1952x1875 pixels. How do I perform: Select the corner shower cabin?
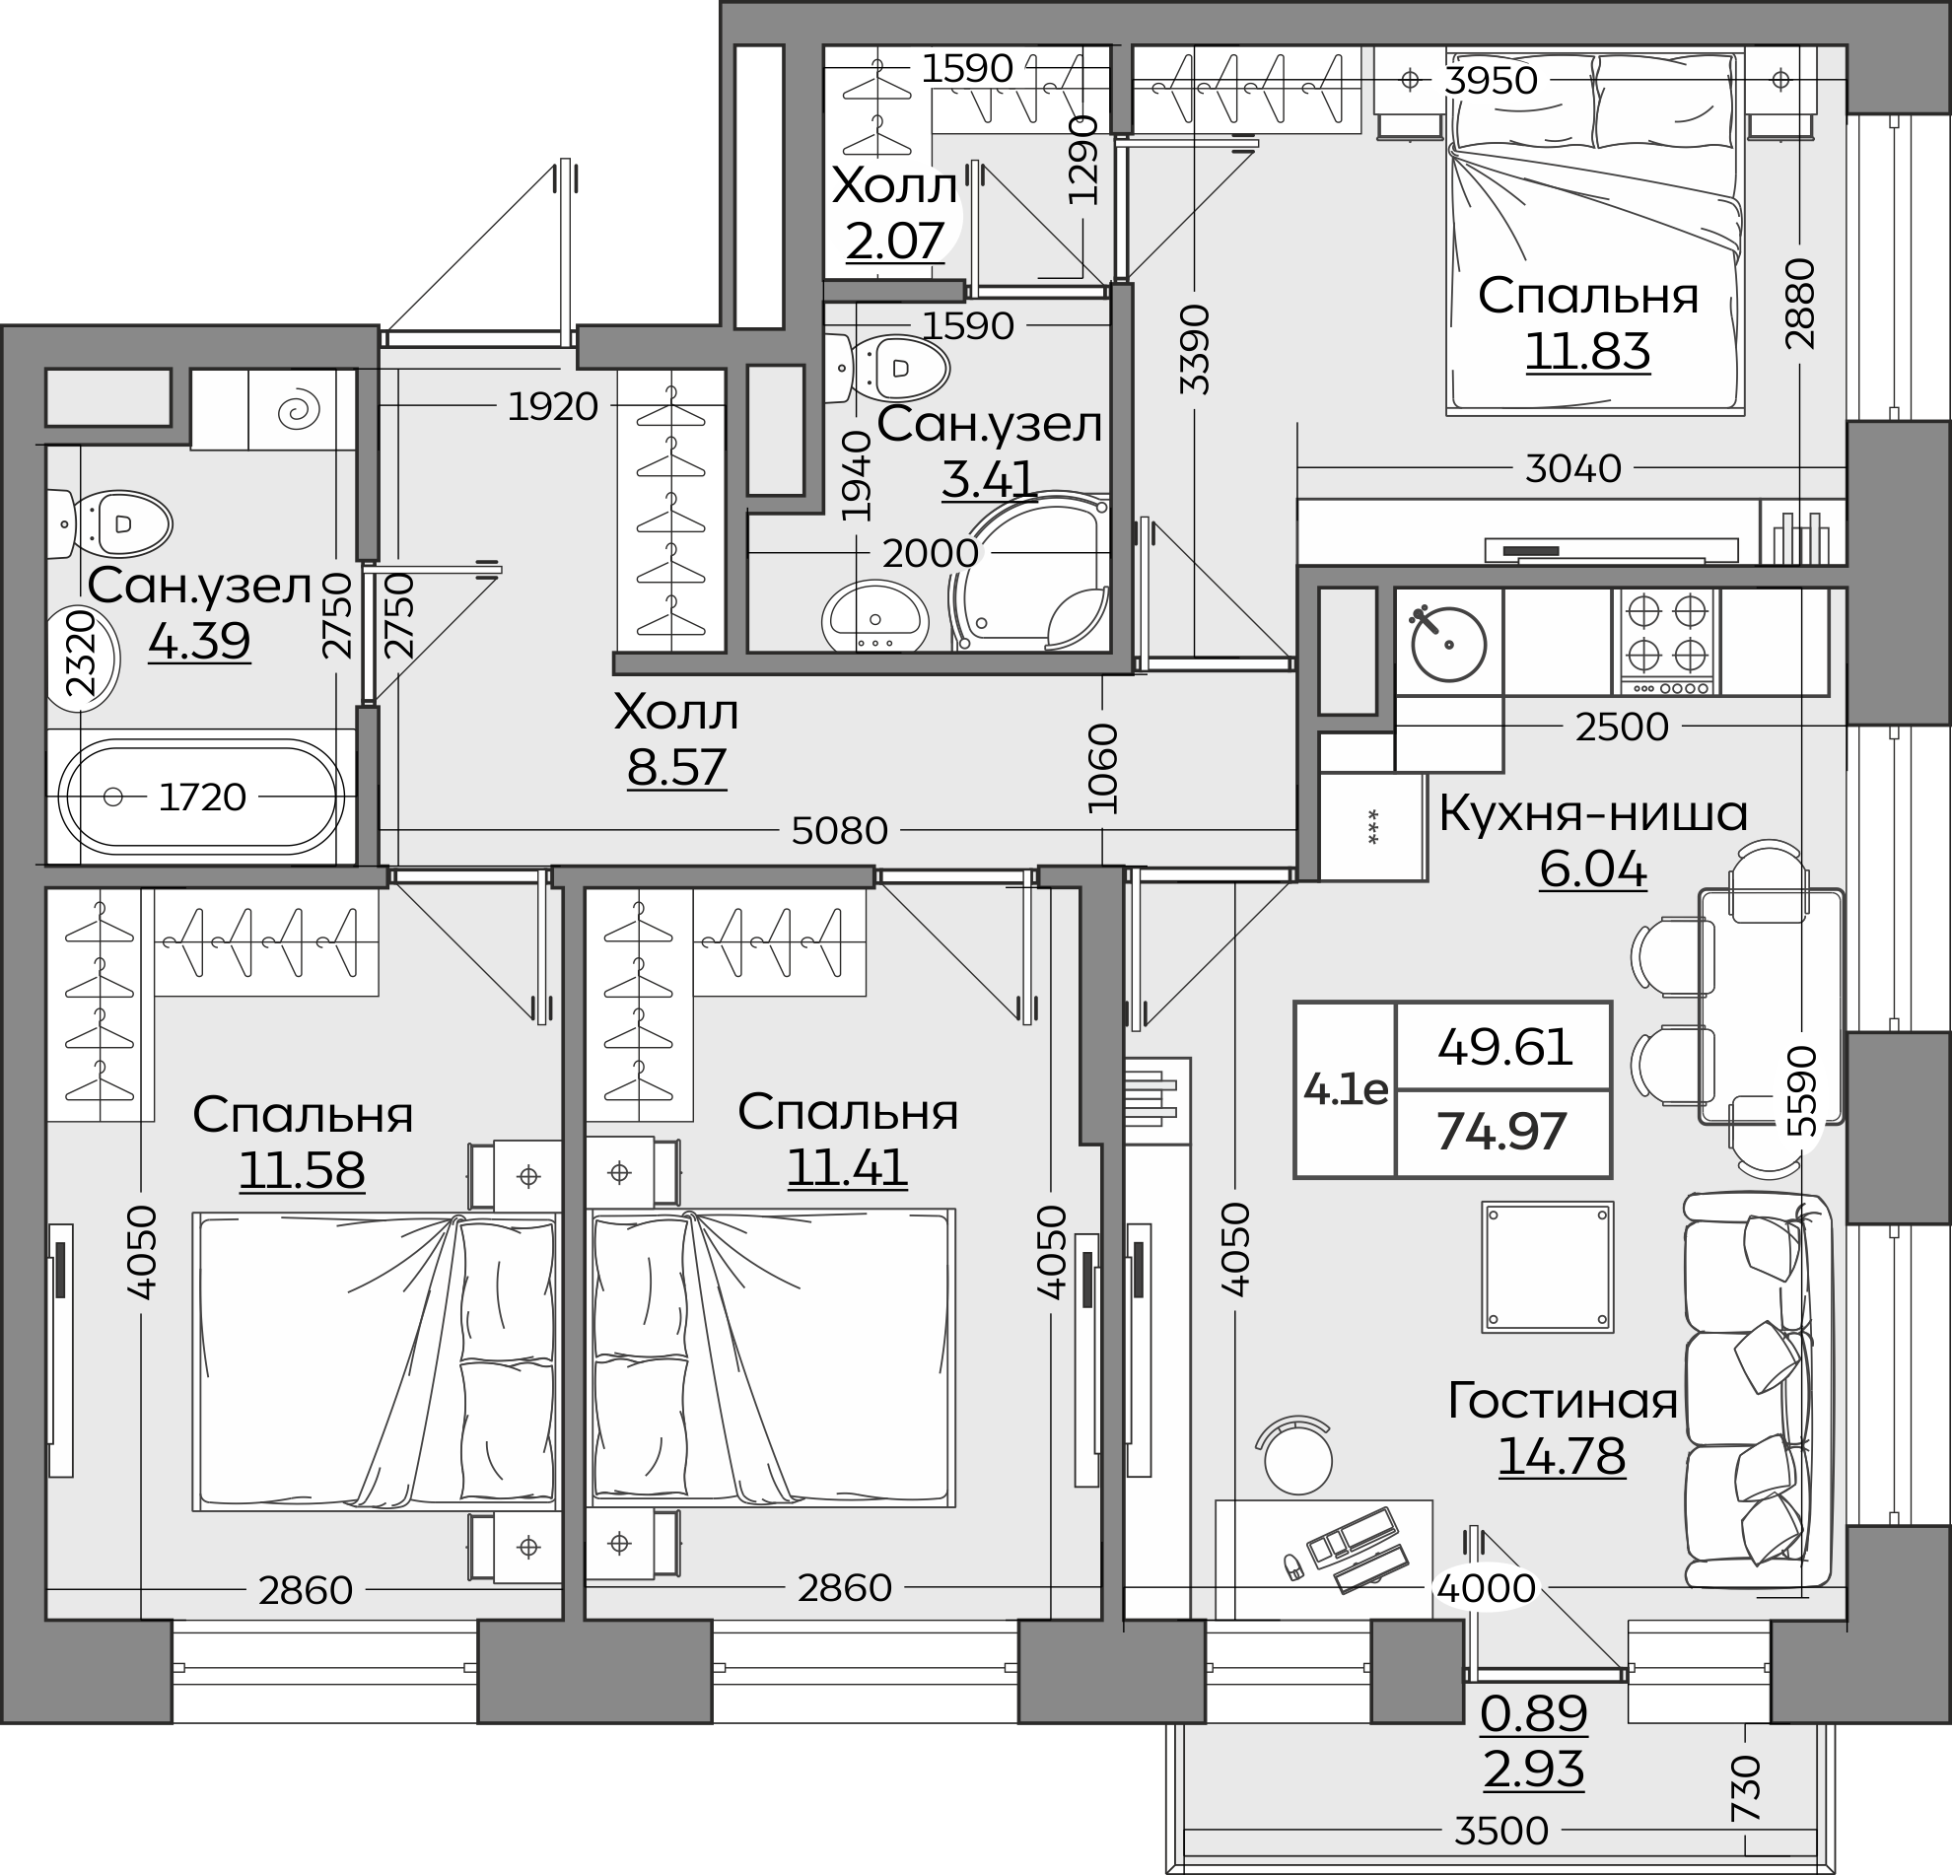pyautogui.click(x=1031, y=572)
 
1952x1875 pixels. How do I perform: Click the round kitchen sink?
pyautogui.click(x=1448, y=644)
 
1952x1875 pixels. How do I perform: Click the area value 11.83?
pyautogui.click(x=1587, y=352)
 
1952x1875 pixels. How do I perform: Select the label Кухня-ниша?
pyautogui.click(x=1593, y=813)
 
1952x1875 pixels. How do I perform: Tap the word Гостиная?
pyautogui.click(x=1563, y=1401)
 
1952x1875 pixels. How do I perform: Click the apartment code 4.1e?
pyautogui.click(x=1346, y=1090)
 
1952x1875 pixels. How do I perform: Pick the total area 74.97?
pyautogui.click(x=1502, y=1131)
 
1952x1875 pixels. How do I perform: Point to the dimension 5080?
pyautogui.click(x=840, y=830)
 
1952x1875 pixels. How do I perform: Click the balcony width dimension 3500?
pyautogui.click(x=1500, y=1831)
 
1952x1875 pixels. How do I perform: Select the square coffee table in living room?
pyautogui.click(x=1548, y=1267)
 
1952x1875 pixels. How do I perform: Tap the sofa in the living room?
pyautogui.click(x=1759, y=1391)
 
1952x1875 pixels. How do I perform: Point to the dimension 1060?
pyautogui.click(x=1103, y=768)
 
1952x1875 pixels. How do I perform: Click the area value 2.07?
pyautogui.click(x=894, y=240)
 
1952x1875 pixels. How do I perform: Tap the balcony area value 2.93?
pyautogui.click(x=1534, y=1770)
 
